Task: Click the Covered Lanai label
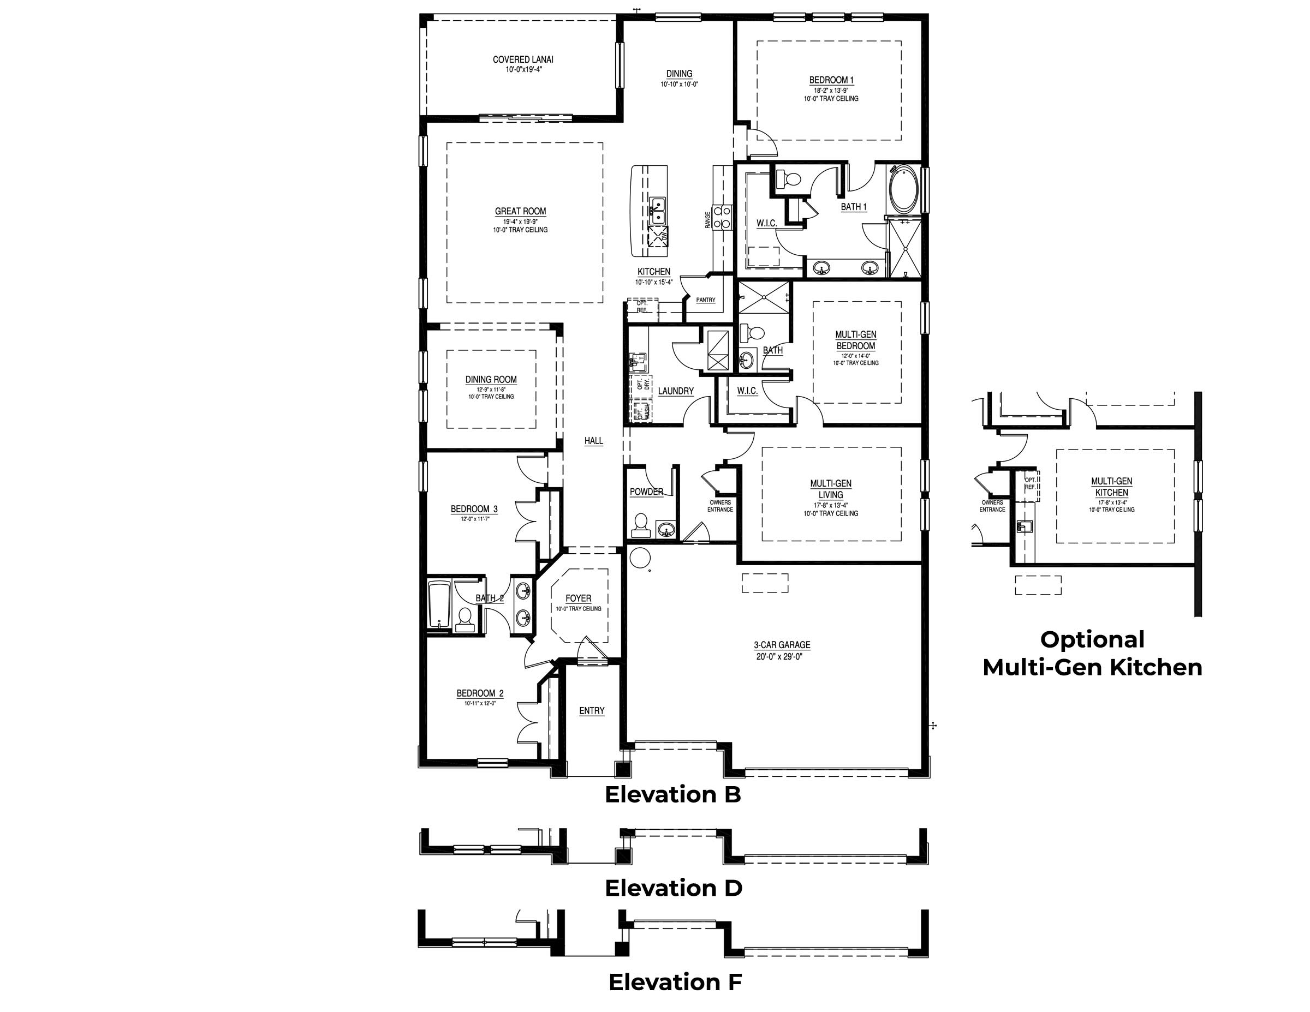pos(522,60)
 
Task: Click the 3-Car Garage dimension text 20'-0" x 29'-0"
pos(782,656)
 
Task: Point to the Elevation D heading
pos(673,888)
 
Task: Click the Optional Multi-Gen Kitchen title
pos(1092,654)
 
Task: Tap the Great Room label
pos(520,211)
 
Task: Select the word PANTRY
pos(705,300)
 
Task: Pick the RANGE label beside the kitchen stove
pos(708,220)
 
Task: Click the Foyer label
pos(578,598)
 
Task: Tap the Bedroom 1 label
pos(831,80)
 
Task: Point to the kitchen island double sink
pos(657,211)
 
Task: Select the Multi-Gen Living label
pos(831,489)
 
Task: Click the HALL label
pos(593,441)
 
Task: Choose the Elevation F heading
pos(675,982)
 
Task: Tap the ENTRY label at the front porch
pos(592,710)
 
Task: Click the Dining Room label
pos(491,380)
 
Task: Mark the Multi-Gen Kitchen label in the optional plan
pos(1111,486)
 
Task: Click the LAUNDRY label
pos(675,391)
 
